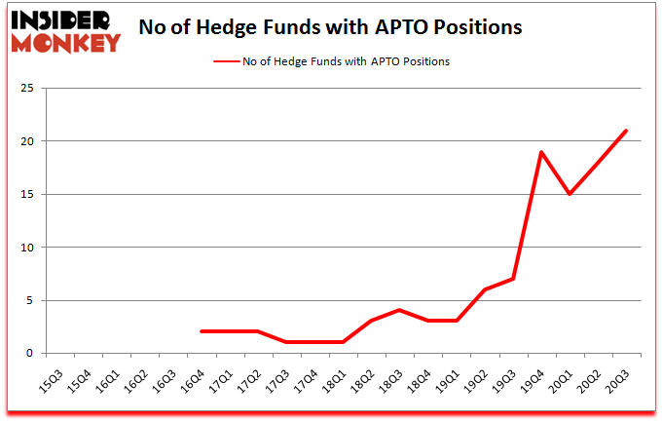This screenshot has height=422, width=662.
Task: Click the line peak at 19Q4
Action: pyautogui.click(x=541, y=152)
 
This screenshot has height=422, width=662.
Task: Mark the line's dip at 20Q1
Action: pyautogui.click(x=570, y=194)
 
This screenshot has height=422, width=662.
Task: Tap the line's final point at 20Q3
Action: pyautogui.click(x=626, y=131)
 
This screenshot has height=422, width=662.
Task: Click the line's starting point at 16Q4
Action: pyautogui.click(x=202, y=331)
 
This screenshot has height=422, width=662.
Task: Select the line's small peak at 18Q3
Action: pyautogui.click(x=400, y=310)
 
